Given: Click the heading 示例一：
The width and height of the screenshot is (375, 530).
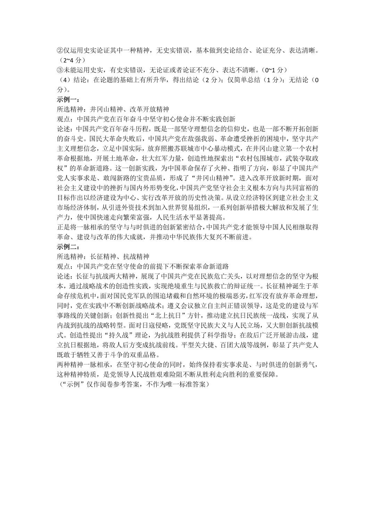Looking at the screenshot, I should click(x=68, y=100).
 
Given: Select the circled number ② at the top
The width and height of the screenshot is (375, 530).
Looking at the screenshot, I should click(x=60, y=51).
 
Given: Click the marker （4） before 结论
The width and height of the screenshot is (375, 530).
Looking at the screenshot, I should click(x=65, y=80).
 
